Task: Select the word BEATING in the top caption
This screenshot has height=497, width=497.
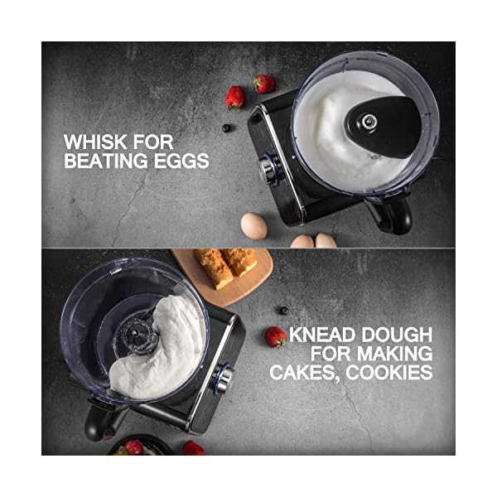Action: tap(104, 161)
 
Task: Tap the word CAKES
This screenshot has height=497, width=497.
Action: tap(302, 373)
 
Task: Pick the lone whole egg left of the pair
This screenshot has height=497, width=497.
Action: tap(253, 224)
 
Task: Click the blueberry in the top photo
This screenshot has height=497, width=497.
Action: tap(227, 128)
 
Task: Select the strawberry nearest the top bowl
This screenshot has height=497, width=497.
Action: tap(264, 84)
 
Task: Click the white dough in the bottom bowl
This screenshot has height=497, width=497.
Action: tap(166, 348)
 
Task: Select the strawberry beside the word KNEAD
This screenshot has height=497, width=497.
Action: tap(276, 336)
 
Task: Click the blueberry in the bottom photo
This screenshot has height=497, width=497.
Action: tap(283, 310)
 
